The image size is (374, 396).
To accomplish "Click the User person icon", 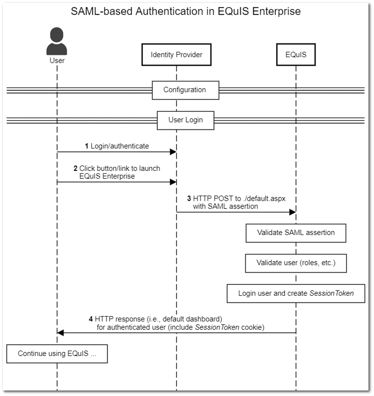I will pyautogui.click(x=57, y=42).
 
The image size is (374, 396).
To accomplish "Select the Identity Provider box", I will pyautogui.click(x=176, y=54).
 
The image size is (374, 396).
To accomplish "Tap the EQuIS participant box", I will pyautogui.click(x=296, y=54).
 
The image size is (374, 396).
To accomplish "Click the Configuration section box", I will pyautogui.click(x=185, y=90).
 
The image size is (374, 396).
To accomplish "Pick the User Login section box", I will pyautogui.click(x=185, y=120).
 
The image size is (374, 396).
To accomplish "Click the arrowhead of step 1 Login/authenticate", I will pyautogui.click(x=173, y=152).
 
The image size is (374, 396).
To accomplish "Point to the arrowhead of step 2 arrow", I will pyautogui.click(x=173, y=182).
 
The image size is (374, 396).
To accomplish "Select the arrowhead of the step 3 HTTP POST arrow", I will pyautogui.click(x=293, y=212).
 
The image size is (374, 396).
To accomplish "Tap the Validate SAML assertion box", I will pyautogui.click(x=296, y=233).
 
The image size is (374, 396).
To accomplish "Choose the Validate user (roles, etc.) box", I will pyautogui.click(x=296, y=263).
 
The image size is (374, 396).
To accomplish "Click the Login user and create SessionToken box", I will pyautogui.click(x=296, y=293).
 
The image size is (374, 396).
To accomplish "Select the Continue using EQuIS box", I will pyautogui.click(x=57, y=354).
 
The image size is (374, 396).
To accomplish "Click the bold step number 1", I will pyautogui.click(x=87, y=146).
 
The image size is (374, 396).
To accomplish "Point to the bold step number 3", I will pyautogui.click(x=189, y=199).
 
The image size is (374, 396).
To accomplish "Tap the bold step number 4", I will pyautogui.click(x=91, y=319).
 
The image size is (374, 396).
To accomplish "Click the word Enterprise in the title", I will pyautogui.click(x=276, y=11).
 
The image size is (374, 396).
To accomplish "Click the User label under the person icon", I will pyautogui.click(x=57, y=61).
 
